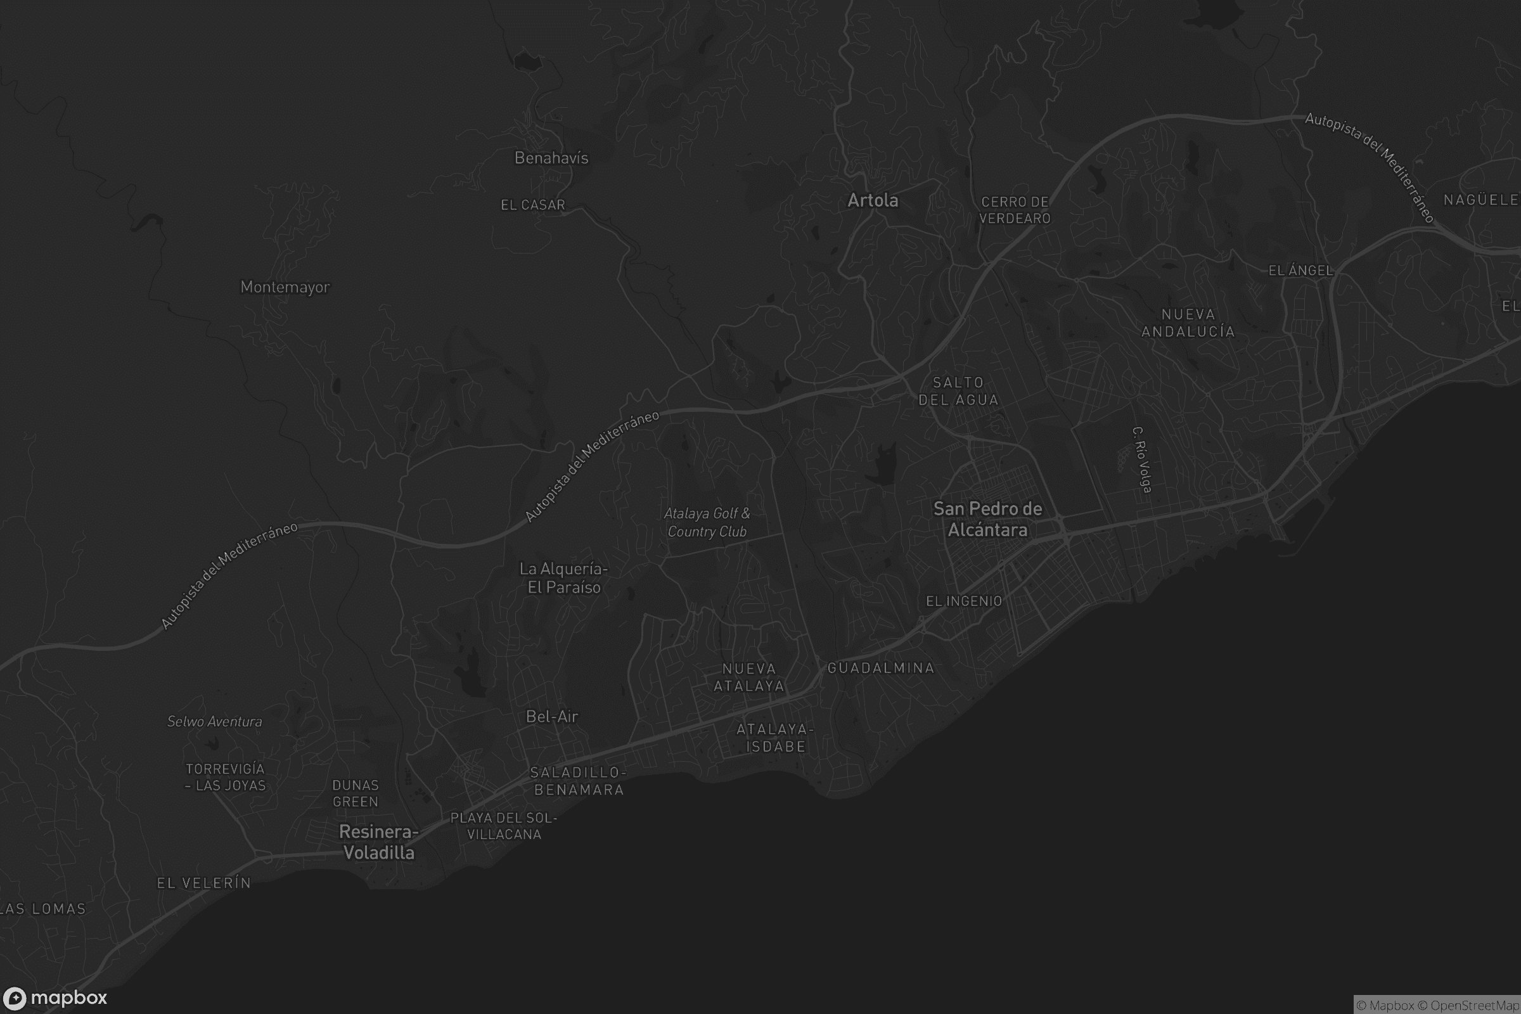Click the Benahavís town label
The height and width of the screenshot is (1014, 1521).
551,158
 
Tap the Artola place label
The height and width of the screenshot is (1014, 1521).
873,200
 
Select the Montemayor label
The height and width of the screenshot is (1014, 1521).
285,286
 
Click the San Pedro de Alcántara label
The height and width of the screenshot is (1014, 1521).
987,519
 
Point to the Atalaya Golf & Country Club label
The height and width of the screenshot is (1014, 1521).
707,522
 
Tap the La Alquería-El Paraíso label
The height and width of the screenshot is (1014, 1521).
564,578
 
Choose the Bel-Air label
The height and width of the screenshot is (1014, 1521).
551,717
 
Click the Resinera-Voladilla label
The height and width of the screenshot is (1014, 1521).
379,842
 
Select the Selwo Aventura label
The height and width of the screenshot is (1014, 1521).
215,722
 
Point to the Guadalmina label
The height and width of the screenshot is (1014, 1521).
881,668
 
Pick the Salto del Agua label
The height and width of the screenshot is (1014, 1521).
958,391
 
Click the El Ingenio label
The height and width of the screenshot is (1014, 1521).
963,601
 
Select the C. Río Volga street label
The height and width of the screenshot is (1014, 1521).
1142,459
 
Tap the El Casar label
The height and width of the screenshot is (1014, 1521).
533,205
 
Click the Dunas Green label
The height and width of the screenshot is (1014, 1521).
355,793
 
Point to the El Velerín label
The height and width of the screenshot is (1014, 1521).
203,883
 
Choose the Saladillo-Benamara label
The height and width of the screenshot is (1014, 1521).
578,781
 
